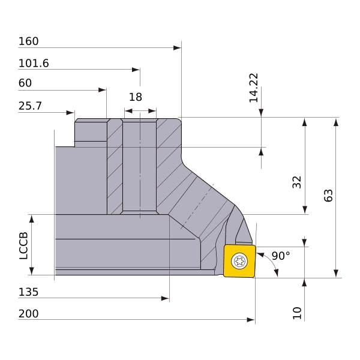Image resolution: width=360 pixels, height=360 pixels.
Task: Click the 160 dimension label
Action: (x=28, y=41)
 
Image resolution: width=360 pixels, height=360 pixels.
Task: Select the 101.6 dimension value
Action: (x=34, y=63)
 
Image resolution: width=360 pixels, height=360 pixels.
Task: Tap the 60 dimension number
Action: (x=25, y=83)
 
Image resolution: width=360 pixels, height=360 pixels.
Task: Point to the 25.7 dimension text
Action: (x=30, y=106)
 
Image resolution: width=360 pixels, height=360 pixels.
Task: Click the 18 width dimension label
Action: (x=136, y=97)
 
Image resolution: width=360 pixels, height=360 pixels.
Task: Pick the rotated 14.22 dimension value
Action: (x=254, y=88)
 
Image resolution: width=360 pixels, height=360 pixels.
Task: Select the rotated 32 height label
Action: (x=296, y=182)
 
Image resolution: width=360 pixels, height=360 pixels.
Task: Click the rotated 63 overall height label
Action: (x=328, y=196)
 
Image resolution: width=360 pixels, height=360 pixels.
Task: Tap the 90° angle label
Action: (x=281, y=256)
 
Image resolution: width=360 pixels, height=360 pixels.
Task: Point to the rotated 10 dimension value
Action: (x=297, y=313)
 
